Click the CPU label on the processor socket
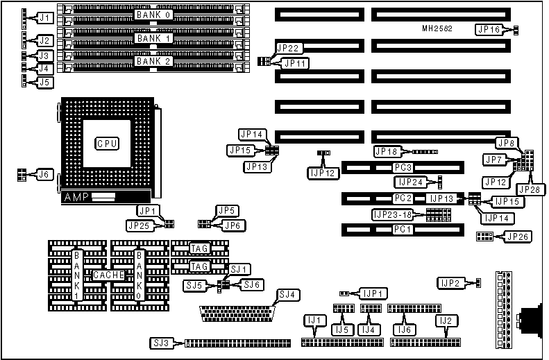(107, 144)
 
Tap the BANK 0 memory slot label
(155, 13)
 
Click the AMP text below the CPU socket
(76, 198)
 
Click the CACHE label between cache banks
(109, 275)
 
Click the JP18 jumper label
(387, 151)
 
